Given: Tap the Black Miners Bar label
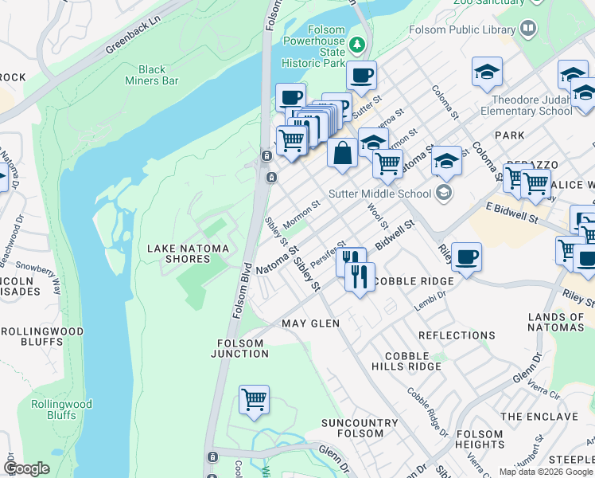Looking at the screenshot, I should click(x=152, y=75).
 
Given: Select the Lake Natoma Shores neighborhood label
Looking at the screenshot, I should click(x=188, y=253).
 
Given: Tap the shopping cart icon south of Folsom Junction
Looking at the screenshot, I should click(x=254, y=399).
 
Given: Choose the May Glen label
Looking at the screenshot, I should click(x=310, y=323).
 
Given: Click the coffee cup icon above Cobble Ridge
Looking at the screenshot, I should click(x=466, y=257).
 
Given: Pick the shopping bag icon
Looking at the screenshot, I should click(x=342, y=152).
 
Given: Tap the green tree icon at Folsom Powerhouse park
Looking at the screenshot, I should click(x=357, y=43).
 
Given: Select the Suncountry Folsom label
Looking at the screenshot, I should click(x=360, y=429).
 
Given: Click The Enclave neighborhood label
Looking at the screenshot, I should click(x=534, y=417).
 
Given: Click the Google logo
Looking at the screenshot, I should click(x=26, y=468).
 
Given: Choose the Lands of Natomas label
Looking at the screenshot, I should click(x=556, y=322).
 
